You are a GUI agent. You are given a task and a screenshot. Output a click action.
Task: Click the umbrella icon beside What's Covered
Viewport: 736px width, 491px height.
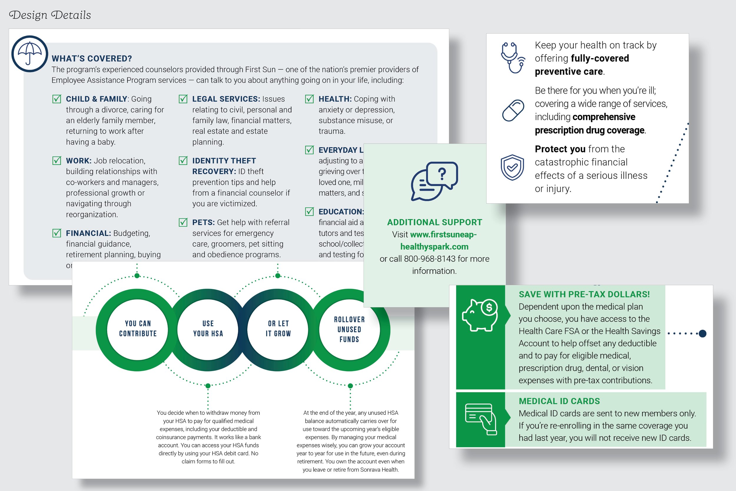(x=29, y=54)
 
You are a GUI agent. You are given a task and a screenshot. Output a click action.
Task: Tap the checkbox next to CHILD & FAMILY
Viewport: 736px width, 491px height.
(x=57, y=99)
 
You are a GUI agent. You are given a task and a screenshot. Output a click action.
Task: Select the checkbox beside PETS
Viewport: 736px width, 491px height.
(x=183, y=222)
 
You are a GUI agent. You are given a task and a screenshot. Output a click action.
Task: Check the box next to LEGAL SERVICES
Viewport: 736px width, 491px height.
(x=183, y=99)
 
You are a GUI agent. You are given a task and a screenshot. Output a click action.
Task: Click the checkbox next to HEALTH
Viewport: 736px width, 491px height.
(x=309, y=99)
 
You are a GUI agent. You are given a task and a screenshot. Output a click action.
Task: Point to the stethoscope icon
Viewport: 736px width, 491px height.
(x=513, y=58)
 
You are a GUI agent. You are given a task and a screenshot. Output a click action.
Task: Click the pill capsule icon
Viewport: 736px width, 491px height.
(x=513, y=110)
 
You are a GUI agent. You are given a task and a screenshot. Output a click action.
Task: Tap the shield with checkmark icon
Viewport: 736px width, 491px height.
(x=512, y=168)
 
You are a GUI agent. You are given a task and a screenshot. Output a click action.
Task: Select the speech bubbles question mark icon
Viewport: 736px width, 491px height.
(x=434, y=181)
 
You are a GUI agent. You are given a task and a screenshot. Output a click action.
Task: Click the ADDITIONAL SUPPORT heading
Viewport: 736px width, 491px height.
(x=434, y=222)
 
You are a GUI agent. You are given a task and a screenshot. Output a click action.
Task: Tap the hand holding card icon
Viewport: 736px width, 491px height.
(x=481, y=419)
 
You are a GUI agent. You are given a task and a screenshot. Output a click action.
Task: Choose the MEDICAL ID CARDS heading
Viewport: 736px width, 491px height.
(x=559, y=401)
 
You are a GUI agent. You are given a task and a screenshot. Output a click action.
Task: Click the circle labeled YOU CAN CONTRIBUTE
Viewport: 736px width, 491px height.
(x=138, y=329)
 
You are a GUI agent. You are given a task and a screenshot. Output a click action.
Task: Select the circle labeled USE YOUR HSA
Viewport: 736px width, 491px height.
(x=208, y=329)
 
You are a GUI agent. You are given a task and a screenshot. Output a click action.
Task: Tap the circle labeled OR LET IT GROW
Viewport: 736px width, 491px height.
(x=278, y=329)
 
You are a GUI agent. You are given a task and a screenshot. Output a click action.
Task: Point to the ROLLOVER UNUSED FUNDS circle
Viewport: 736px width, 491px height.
(x=349, y=329)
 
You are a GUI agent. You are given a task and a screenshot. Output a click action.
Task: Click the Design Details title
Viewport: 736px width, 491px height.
(x=50, y=15)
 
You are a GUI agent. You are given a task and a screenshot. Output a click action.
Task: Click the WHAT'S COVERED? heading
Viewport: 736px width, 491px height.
(x=92, y=59)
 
